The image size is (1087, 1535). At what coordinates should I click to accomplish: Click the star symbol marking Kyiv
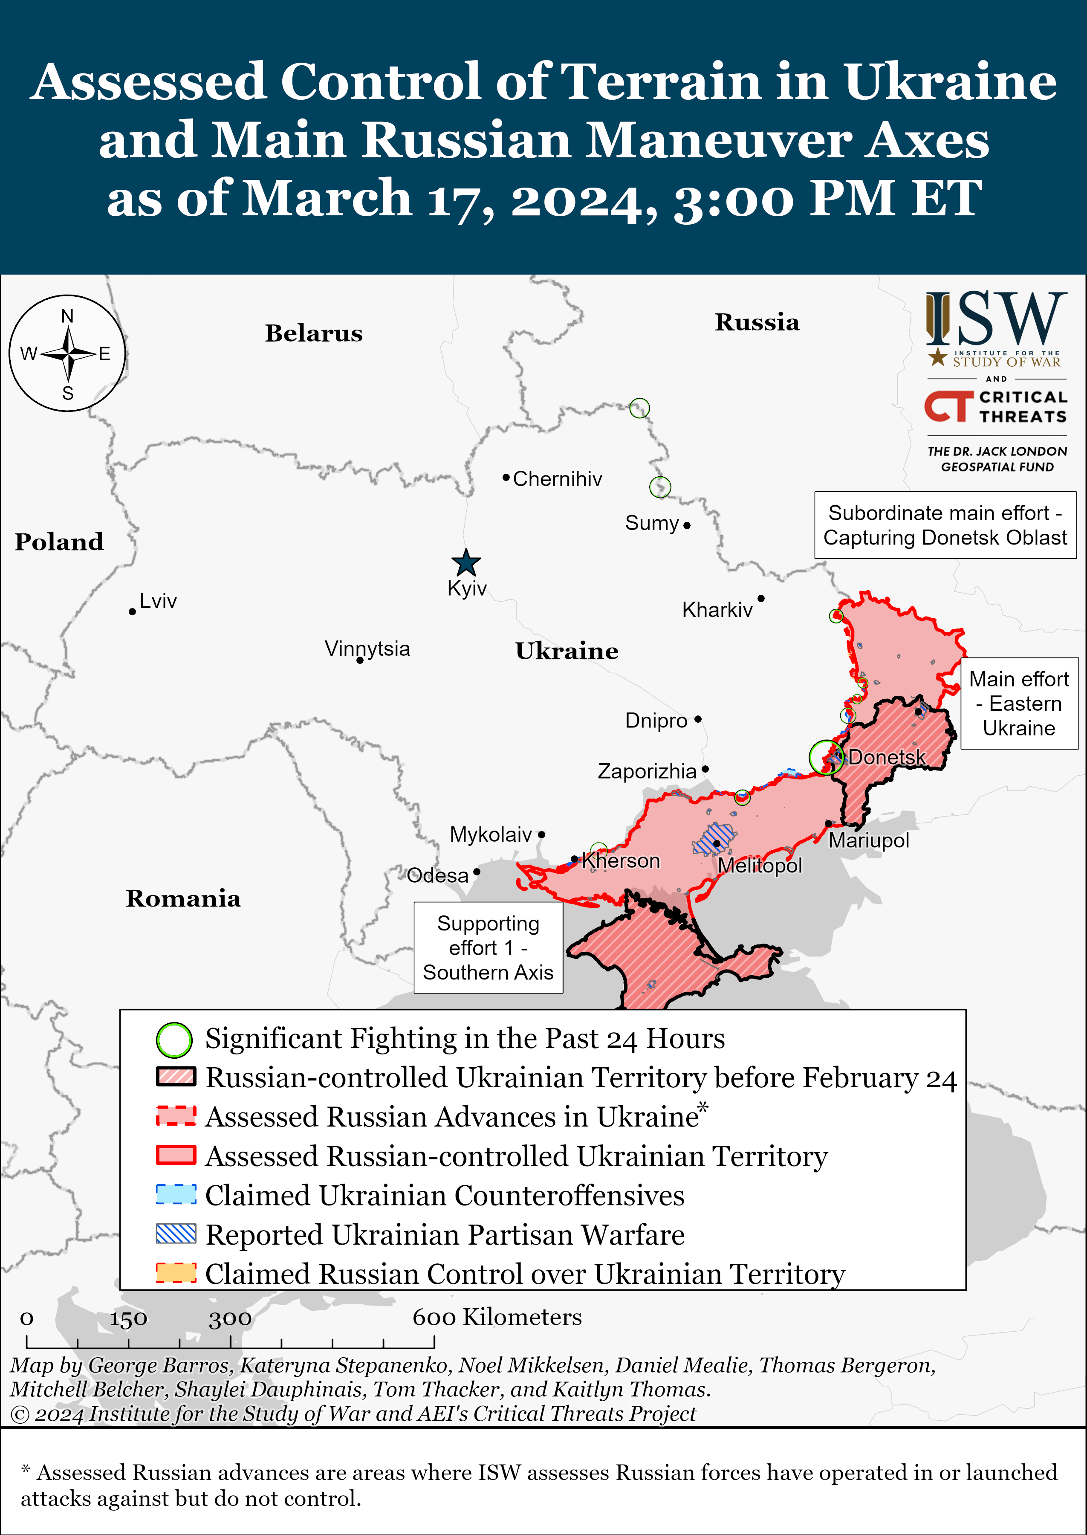click(466, 563)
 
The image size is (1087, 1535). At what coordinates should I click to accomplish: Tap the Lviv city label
click(158, 601)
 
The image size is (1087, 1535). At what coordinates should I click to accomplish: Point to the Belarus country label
click(313, 333)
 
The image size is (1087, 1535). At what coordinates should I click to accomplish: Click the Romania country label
click(183, 898)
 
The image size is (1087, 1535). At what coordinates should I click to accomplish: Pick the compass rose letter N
click(68, 316)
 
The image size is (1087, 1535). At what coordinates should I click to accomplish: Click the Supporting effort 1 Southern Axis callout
click(488, 948)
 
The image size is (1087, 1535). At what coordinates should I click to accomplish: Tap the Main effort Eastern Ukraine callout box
click(1019, 704)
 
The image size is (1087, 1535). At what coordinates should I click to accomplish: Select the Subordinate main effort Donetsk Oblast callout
click(945, 525)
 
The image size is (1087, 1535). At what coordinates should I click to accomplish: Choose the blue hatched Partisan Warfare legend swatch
click(176, 1234)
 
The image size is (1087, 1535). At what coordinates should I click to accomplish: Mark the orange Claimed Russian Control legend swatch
click(176, 1273)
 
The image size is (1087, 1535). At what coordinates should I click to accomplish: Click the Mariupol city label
click(869, 841)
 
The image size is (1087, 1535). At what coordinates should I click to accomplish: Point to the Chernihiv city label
click(557, 479)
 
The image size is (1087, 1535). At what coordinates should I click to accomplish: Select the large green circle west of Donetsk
click(826, 758)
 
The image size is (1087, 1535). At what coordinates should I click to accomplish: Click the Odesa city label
click(438, 876)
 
